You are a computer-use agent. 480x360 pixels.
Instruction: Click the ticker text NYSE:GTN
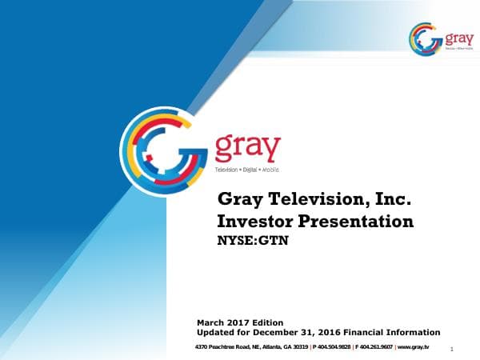click(253, 238)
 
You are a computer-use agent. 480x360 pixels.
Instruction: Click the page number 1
click(453, 349)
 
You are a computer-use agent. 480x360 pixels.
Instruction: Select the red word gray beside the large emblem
click(247, 149)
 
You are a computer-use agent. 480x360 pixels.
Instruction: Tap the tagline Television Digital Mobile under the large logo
click(246, 170)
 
